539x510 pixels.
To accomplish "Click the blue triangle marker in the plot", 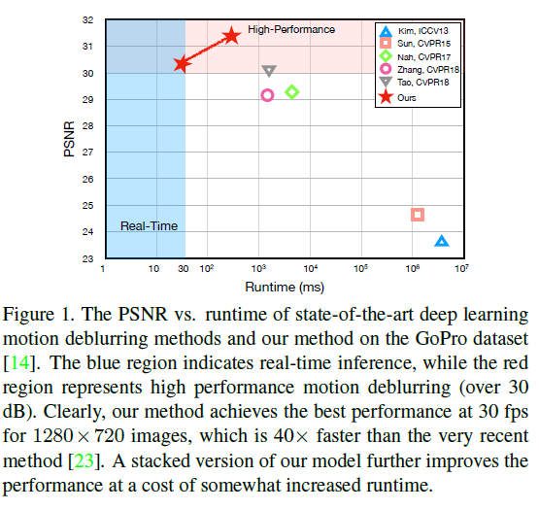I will pos(442,241).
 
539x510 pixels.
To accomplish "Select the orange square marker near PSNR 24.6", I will pos(418,214).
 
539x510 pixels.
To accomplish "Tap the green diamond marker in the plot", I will pos(291,92).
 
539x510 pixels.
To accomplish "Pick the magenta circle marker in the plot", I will pos(267,95).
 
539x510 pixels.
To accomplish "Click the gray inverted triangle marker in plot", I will pos(269,71).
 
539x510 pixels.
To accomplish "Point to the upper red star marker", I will pos(231,36).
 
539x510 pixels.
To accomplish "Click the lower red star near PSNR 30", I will pos(182,64).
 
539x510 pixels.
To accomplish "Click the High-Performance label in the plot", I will pos(291,30).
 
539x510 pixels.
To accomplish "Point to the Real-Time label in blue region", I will pos(149,225).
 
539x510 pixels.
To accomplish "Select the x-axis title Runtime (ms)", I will pos(285,289).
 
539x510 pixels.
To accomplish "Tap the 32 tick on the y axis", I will pos(88,19).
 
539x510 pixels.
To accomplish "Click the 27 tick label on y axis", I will pos(88,153).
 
